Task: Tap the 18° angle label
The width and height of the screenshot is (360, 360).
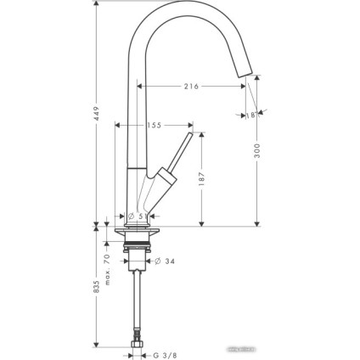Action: (251, 115)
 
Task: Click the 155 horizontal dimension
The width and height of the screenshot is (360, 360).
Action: (153, 125)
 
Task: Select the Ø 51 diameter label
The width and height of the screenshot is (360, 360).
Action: (136, 216)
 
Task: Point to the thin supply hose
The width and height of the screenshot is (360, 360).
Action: (138, 301)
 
